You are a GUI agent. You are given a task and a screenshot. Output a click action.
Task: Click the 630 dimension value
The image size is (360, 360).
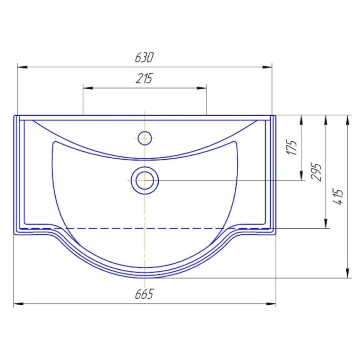click(144, 57)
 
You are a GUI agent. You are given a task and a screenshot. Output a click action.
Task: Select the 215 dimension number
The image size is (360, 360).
click(144, 78)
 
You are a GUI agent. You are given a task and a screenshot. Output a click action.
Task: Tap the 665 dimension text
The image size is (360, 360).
click(144, 294)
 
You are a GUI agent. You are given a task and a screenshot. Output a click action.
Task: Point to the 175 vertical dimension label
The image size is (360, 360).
click(292, 147)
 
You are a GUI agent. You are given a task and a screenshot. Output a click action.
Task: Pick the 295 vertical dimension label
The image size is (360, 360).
click(316, 172)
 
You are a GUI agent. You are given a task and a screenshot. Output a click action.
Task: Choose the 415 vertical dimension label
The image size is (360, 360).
click(338, 197)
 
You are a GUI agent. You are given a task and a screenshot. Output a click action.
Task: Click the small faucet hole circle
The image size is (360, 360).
click(145, 138)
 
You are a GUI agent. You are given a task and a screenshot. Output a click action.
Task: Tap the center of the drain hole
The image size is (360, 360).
click(145, 180)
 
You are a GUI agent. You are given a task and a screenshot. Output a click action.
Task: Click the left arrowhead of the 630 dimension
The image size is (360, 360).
click(23, 67)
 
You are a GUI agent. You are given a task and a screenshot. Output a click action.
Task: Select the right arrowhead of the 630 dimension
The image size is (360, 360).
click(267, 67)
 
